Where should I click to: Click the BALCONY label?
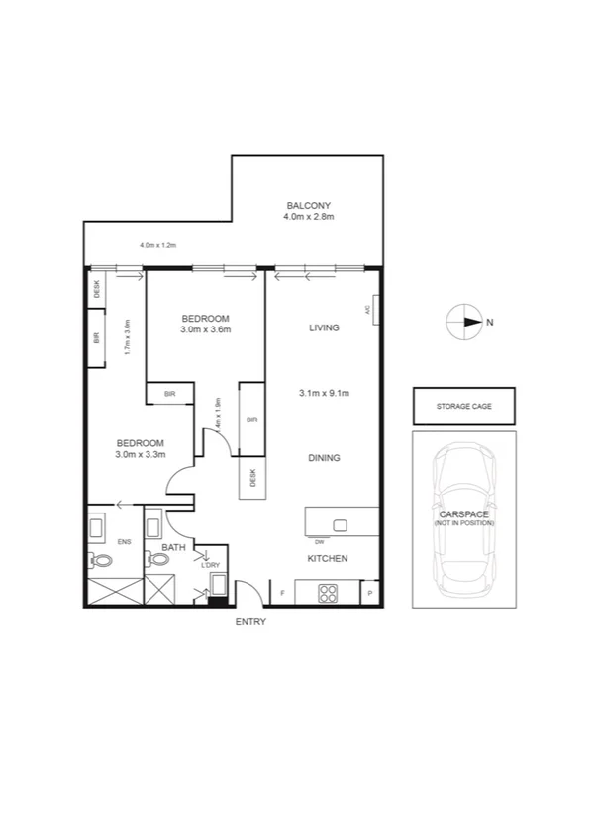pos(308,205)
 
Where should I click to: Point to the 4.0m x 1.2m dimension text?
pos(156,245)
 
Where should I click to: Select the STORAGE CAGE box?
pos(463,406)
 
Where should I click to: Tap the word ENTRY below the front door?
pos(249,622)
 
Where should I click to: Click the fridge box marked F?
pos(284,593)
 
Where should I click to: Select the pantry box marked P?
pos(370,593)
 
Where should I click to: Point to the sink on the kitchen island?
pos(341,524)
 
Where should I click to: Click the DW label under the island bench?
pos(319,542)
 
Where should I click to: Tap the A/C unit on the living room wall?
pos(373,309)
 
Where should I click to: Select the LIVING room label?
pos(324,327)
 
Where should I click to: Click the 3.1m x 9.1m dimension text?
pos(325,393)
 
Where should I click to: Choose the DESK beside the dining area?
pos(252,478)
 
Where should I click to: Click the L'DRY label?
pos(210,564)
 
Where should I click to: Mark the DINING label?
pos(324,458)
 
